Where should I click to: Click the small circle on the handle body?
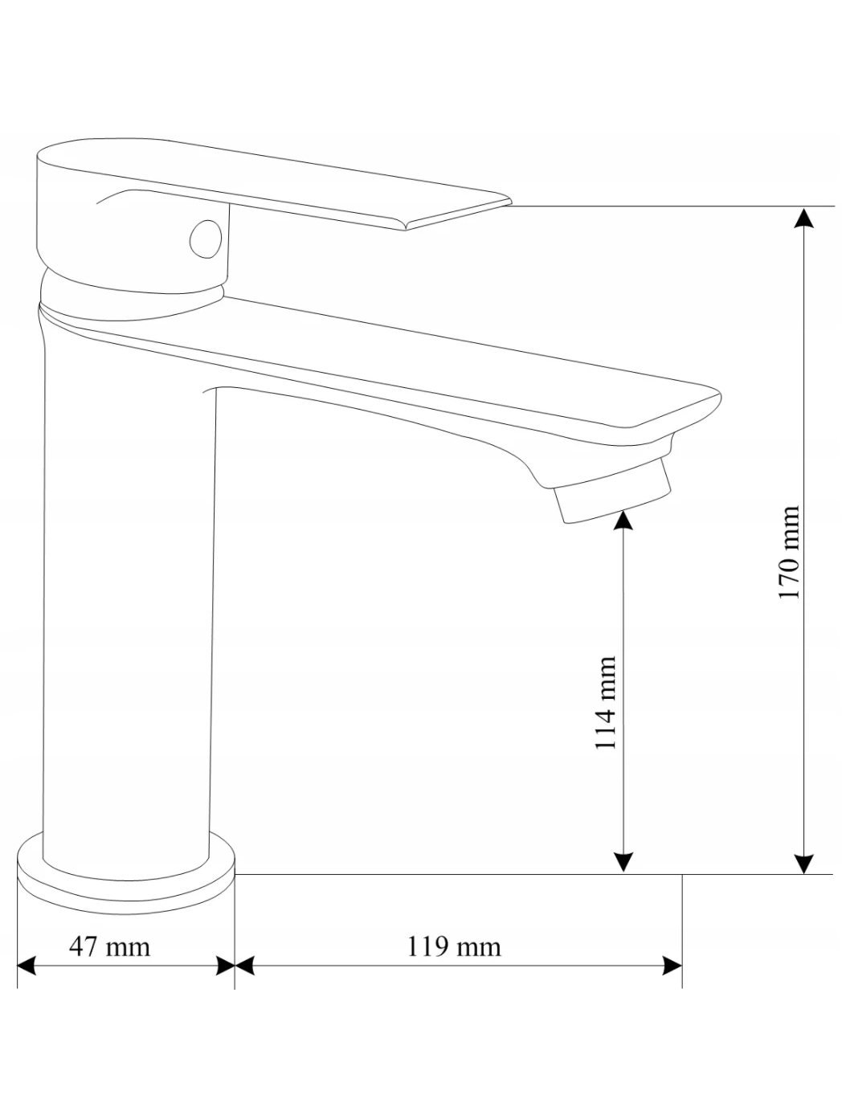(206, 239)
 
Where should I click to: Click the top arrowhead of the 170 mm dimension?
(803, 217)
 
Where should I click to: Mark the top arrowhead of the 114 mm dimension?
(623, 521)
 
